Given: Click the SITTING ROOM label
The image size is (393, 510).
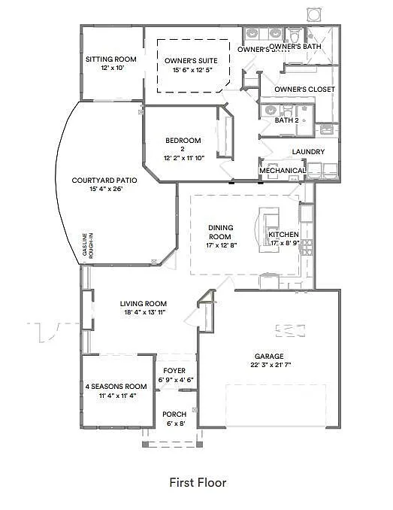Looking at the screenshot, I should click(x=110, y=59).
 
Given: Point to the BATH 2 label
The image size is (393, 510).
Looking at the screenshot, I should click(x=287, y=120).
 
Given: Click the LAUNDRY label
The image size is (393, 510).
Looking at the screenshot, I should click(x=308, y=152).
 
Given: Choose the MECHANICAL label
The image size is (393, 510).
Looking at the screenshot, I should click(x=283, y=171).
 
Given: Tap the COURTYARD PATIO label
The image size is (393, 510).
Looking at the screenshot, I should click(x=97, y=180).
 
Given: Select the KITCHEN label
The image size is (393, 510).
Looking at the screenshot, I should click(x=284, y=235).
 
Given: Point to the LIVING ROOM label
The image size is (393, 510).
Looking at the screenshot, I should click(x=143, y=304).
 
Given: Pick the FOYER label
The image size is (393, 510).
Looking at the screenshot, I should click(x=174, y=370).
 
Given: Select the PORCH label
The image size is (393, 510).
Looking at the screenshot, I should click(x=174, y=414).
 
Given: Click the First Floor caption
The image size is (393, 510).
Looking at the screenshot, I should click(x=197, y=482).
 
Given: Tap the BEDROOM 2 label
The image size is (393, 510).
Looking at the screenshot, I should click(x=183, y=144).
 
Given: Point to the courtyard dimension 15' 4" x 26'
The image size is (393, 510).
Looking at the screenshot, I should click(x=97, y=189).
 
